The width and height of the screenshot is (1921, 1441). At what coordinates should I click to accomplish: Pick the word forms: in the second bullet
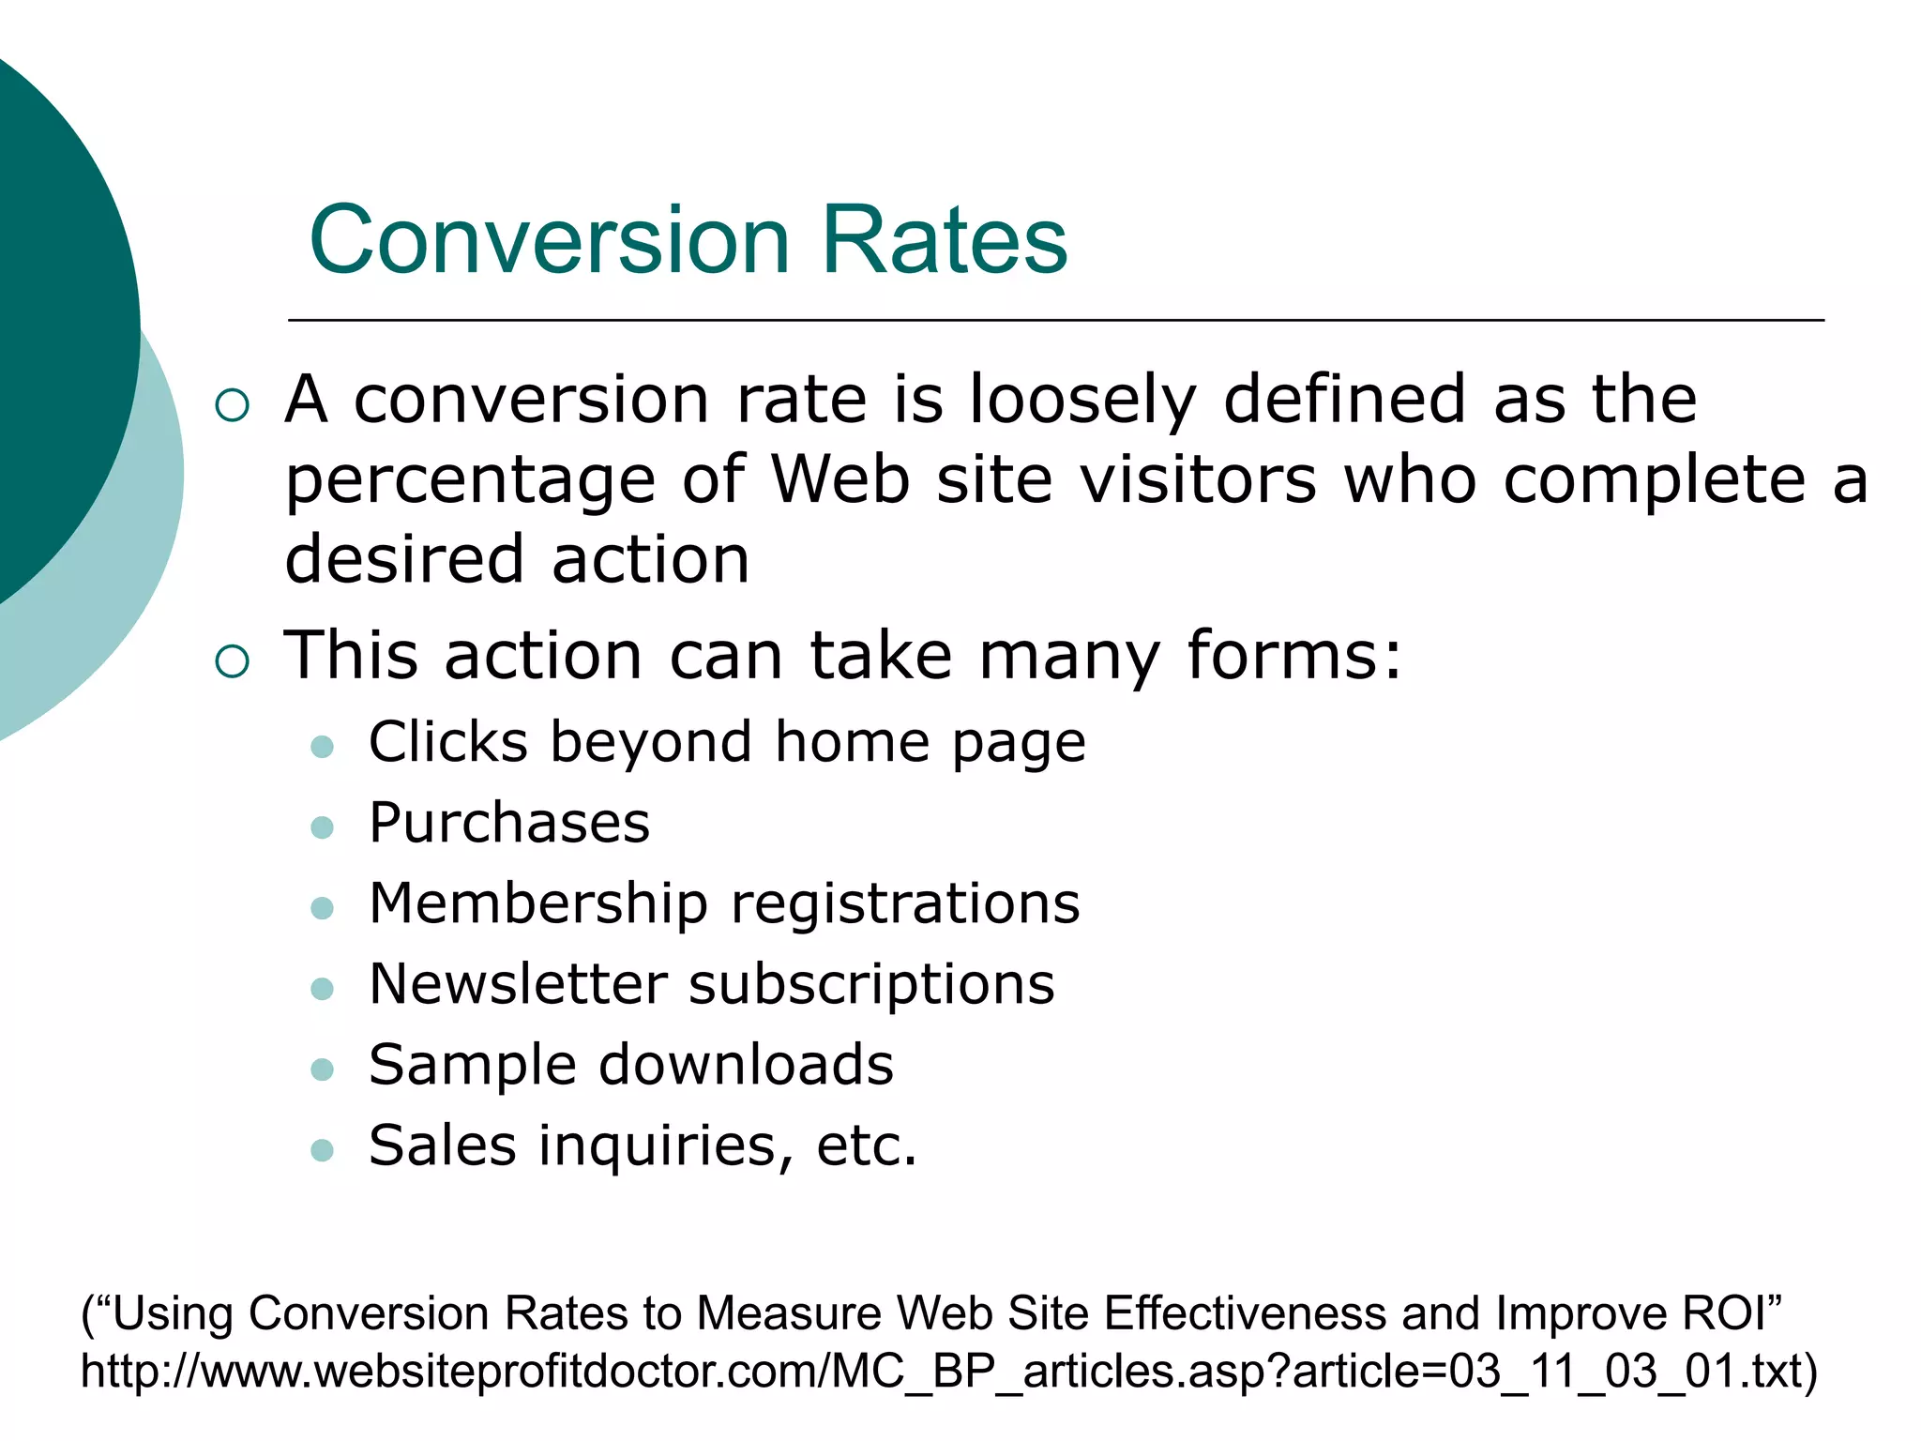coord(1294,655)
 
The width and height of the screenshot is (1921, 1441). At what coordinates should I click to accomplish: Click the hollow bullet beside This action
coord(232,660)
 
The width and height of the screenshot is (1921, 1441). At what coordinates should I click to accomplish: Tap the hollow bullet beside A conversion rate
coord(232,405)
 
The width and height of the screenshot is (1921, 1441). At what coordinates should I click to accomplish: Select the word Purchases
coord(509,823)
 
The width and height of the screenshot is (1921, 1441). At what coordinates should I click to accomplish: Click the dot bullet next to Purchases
coord(322,827)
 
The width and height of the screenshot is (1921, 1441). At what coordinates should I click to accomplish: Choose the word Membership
coord(538,903)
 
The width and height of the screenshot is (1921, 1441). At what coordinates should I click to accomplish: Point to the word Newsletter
coord(519,984)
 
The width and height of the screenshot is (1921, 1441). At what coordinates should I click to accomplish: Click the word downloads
coord(746,1065)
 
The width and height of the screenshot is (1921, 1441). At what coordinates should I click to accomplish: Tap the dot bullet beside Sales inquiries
coord(322,1150)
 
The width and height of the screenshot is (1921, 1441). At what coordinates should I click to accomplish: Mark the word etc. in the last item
coord(866,1146)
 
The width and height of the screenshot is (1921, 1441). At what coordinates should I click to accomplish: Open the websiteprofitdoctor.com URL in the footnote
coord(947,1372)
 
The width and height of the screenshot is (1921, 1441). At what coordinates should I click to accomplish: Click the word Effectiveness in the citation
coord(1245,1313)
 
